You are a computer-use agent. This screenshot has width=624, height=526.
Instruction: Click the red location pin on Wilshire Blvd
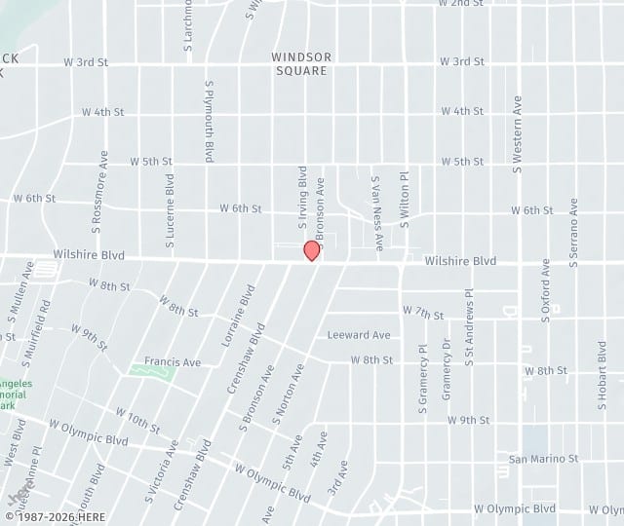[x=312, y=250]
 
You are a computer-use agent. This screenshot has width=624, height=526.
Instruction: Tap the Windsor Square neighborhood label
[x=302, y=63]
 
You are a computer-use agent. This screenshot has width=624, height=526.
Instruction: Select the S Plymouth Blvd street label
[x=209, y=121]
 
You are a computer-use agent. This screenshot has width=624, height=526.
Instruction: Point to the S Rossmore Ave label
[x=98, y=191]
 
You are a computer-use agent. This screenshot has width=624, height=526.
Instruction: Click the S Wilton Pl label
[x=404, y=200]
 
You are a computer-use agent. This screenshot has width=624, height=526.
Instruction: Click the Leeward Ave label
[x=359, y=335]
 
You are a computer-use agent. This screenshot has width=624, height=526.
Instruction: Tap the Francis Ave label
[x=173, y=361]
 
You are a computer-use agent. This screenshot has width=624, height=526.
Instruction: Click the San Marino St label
[x=544, y=458]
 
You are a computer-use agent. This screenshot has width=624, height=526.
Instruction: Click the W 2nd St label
[x=461, y=4]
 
